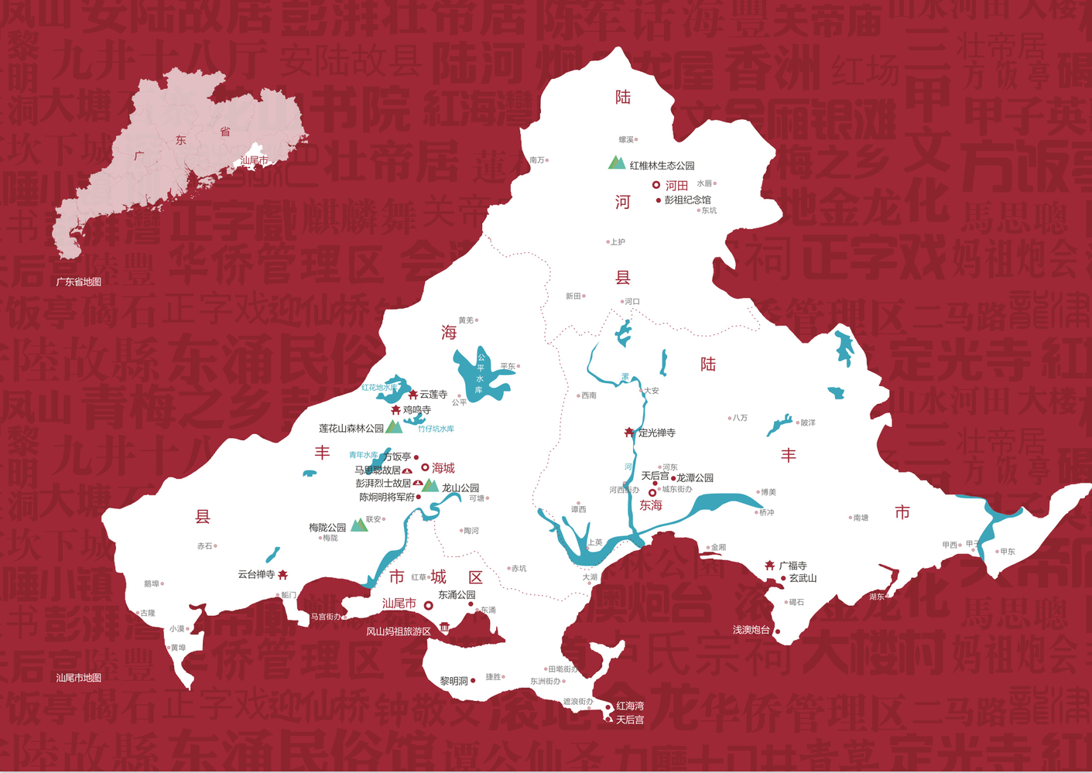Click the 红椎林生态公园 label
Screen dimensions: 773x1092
click(662, 166)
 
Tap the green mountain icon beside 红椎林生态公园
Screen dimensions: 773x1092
click(616, 162)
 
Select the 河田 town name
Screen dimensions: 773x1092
click(677, 186)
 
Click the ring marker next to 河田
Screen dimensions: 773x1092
click(656, 185)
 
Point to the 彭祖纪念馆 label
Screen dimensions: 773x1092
click(687, 200)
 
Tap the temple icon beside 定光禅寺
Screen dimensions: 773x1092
click(629, 433)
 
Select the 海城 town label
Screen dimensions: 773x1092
click(443, 468)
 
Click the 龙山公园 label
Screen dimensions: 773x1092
click(460, 488)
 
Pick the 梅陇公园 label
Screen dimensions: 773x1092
click(327, 528)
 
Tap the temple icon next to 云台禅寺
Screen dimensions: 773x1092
click(283, 574)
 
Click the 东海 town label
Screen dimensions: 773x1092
click(651, 505)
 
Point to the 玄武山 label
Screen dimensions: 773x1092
click(803, 578)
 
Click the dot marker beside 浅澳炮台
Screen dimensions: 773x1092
click(778, 631)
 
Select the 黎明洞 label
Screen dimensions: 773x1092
click(454, 681)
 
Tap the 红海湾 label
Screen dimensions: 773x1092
click(630, 706)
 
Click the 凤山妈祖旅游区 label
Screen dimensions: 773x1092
click(398, 631)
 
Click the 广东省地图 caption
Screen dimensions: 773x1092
click(79, 282)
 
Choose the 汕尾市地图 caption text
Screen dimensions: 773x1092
click(79, 678)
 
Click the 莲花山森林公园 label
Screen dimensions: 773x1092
click(351, 428)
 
